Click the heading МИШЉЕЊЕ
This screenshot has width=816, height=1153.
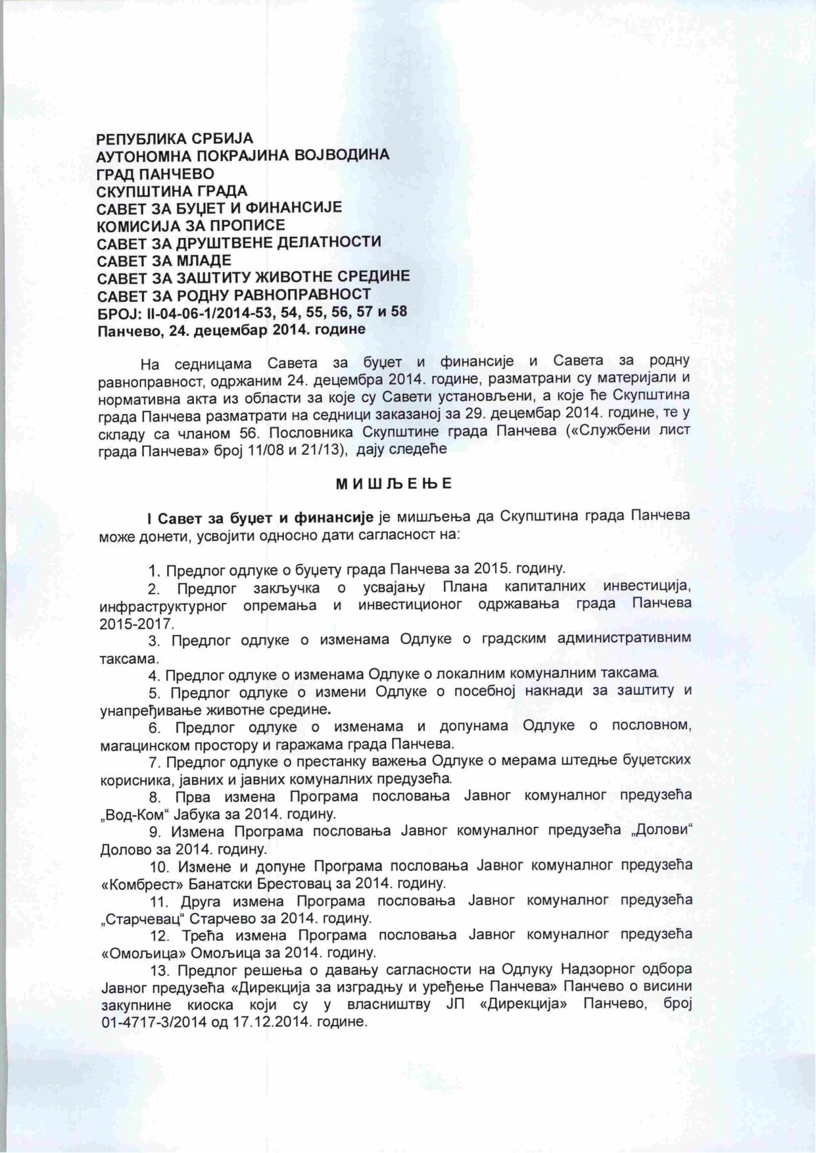pos(394,484)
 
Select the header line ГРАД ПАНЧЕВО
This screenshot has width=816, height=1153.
pos(155,174)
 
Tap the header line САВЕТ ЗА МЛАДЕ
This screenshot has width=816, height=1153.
pos(164,260)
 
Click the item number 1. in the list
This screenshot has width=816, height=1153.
pos(155,569)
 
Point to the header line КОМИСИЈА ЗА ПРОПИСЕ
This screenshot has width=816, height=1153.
pos(191,225)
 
